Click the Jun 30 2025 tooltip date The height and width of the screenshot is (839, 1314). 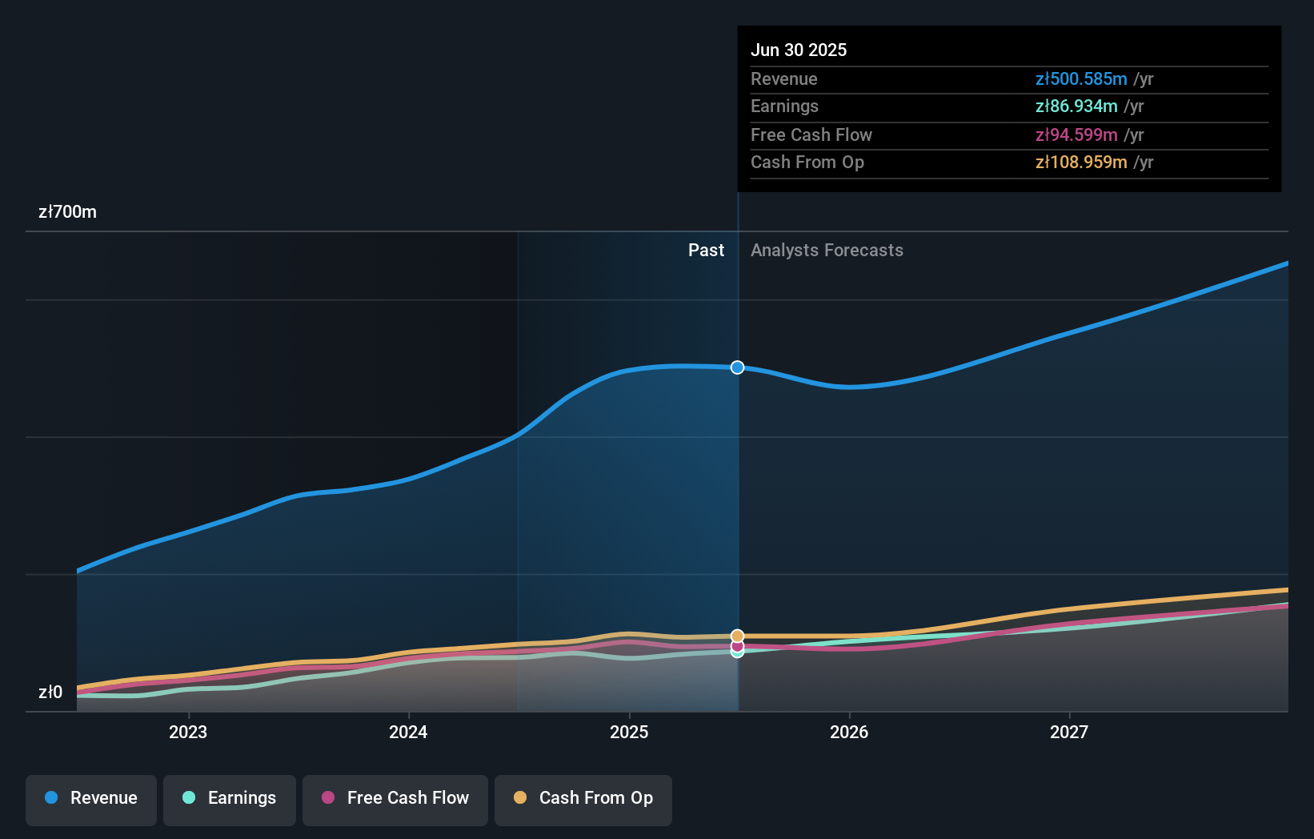pos(798,50)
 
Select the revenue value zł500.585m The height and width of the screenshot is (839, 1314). pos(1080,78)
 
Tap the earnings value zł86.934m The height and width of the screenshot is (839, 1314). pos(1076,106)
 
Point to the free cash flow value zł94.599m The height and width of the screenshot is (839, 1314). pos(1076,134)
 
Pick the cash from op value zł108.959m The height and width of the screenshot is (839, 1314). pos(1080,162)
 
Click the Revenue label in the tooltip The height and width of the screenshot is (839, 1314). pos(783,78)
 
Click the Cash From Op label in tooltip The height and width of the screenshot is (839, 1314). pos(807,162)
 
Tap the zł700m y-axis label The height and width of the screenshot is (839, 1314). pos(67,211)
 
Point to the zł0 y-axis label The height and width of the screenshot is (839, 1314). pos(50,692)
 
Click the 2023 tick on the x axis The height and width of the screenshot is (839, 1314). pos(188,732)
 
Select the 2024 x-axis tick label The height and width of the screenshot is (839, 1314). pos(408,732)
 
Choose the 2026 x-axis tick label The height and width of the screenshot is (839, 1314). pos(849,732)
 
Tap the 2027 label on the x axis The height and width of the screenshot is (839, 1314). pos(1069,732)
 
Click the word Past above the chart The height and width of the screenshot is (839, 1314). pos(706,250)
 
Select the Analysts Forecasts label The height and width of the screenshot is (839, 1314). pos(827,250)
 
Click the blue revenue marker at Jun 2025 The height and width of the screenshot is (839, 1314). pos(737,367)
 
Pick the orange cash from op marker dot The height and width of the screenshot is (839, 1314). pos(737,636)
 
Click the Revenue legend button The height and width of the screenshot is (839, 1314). pos(91,798)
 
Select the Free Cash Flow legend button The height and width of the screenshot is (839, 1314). pos(395,798)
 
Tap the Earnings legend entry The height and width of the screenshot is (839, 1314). pos(229,798)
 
